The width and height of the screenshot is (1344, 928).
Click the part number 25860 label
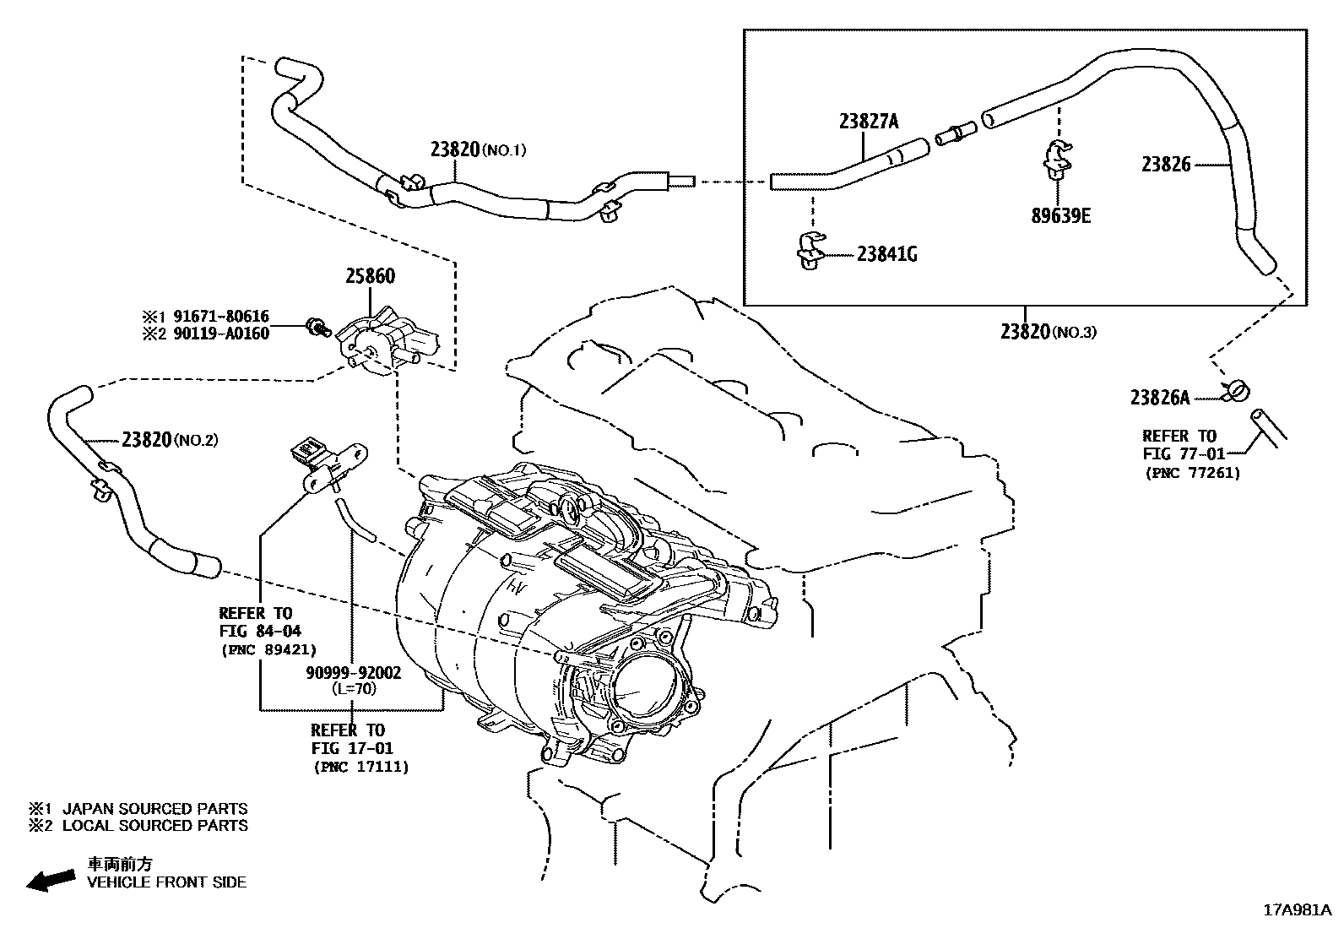tap(369, 276)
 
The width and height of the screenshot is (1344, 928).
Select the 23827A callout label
tap(868, 122)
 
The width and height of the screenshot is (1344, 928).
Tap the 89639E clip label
tap(1060, 216)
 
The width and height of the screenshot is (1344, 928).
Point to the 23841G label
tap(886, 253)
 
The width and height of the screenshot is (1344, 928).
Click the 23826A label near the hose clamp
tap(1159, 397)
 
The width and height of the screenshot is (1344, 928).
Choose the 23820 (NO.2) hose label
tap(170, 439)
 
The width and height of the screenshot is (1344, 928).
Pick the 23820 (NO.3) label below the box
tap(1048, 332)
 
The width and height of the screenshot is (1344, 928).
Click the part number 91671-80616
tap(221, 317)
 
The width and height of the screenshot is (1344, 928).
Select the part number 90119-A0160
tap(221, 334)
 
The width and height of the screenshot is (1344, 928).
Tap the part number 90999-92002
tap(353, 673)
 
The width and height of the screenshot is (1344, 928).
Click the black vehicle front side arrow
tap(50, 880)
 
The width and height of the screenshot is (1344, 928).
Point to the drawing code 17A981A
tap(1296, 910)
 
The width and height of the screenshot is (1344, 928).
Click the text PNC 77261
tap(1192, 473)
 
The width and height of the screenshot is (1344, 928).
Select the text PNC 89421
tap(268, 649)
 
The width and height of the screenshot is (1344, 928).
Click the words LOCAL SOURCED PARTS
tap(155, 826)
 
